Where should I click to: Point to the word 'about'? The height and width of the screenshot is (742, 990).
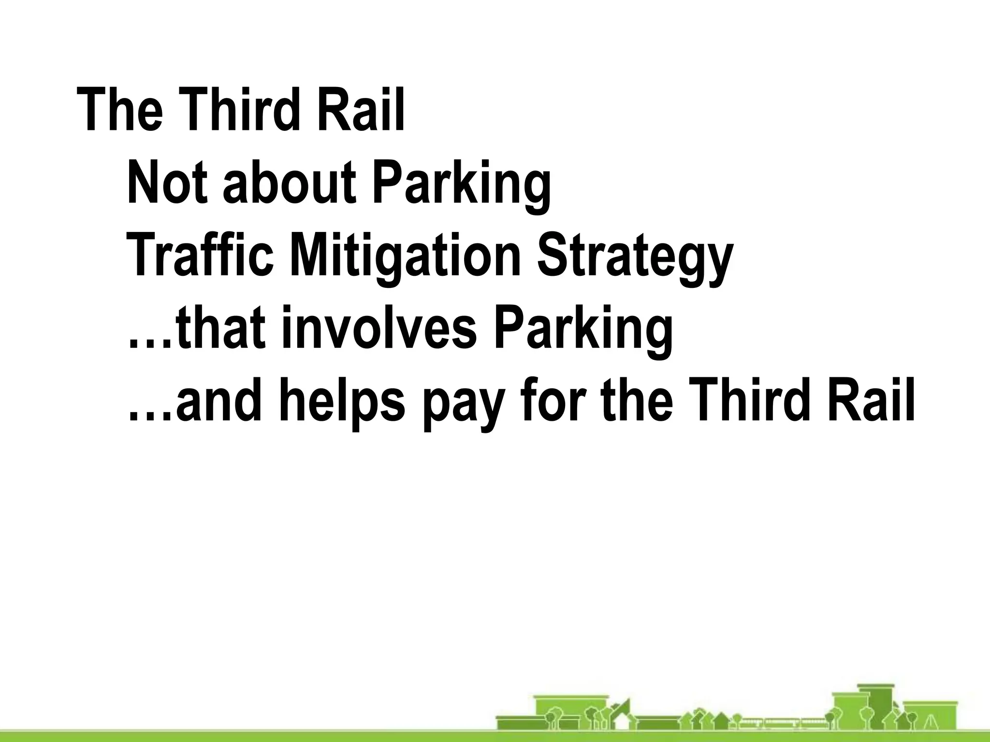click(x=290, y=183)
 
